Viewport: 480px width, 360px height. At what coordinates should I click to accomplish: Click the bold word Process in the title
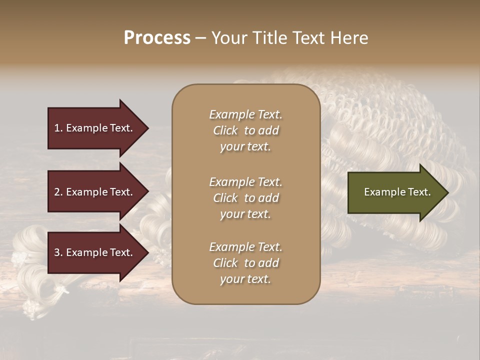(x=157, y=38)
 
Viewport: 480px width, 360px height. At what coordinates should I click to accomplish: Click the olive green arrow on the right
(x=395, y=192)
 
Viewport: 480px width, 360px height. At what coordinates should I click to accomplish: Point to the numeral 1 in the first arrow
(x=56, y=128)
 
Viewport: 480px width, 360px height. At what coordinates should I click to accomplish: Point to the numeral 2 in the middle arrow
(x=57, y=192)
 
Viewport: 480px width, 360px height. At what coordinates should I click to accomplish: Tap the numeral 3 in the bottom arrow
(x=57, y=252)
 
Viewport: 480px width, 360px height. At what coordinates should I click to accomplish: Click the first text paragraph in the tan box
(x=245, y=130)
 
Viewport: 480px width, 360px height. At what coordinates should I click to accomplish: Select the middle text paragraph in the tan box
(x=245, y=198)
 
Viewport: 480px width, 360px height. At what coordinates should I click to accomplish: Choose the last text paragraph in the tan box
(x=245, y=263)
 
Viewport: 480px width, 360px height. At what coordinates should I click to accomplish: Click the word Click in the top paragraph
(x=225, y=130)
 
